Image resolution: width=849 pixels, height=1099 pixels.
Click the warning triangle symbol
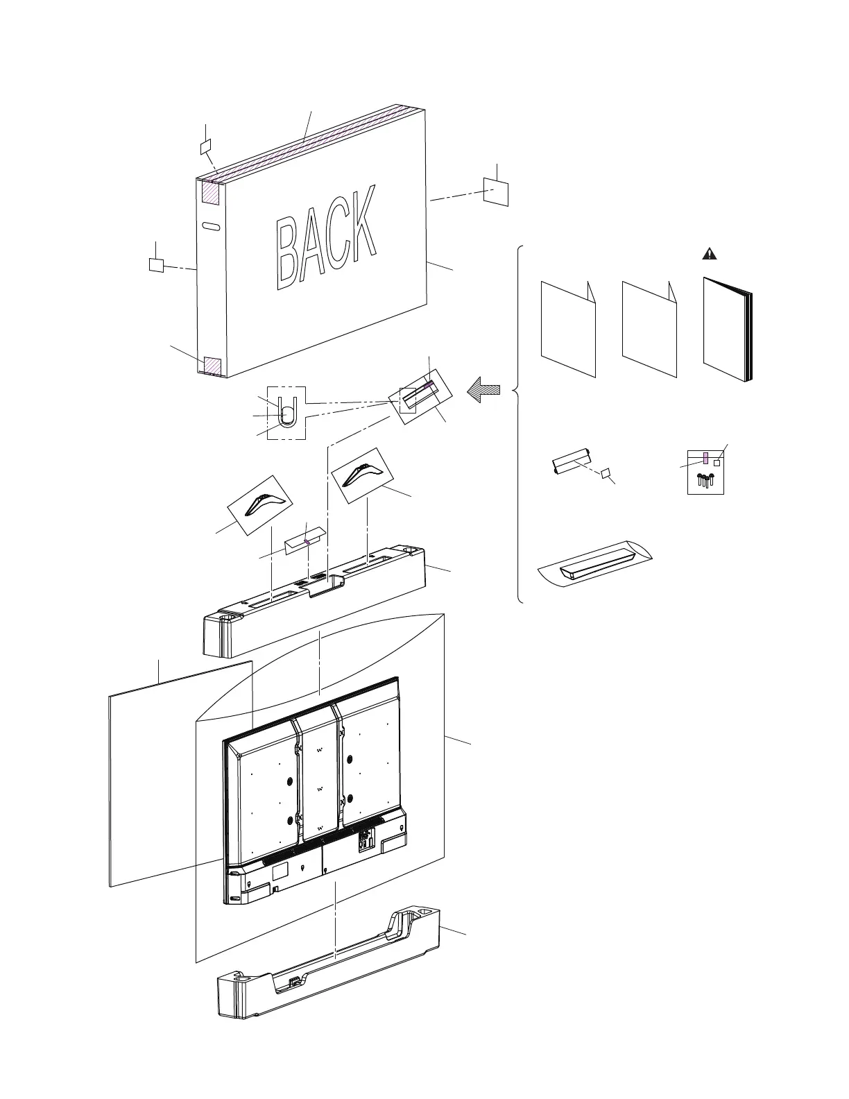pos(710,254)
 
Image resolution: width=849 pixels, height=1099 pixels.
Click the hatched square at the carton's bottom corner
pos(212,365)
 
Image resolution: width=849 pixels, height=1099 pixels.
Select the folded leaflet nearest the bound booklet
pos(649,330)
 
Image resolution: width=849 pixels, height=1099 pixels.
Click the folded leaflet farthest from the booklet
pos(568,330)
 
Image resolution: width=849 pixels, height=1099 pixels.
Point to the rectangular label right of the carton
pos(496,191)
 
